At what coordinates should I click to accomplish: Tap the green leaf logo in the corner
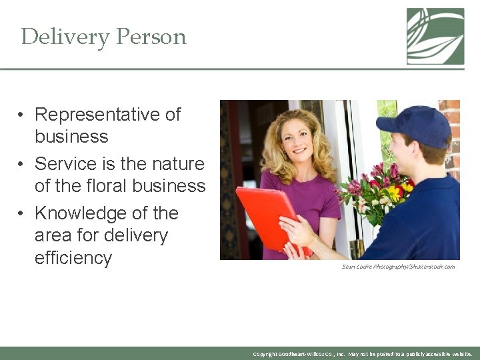pyautogui.click(x=435, y=36)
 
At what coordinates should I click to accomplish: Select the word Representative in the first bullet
pyautogui.click(x=107, y=115)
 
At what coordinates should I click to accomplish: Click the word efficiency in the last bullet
pyautogui.click(x=73, y=258)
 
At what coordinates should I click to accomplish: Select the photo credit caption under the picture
pyautogui.click(x=398, y=267)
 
